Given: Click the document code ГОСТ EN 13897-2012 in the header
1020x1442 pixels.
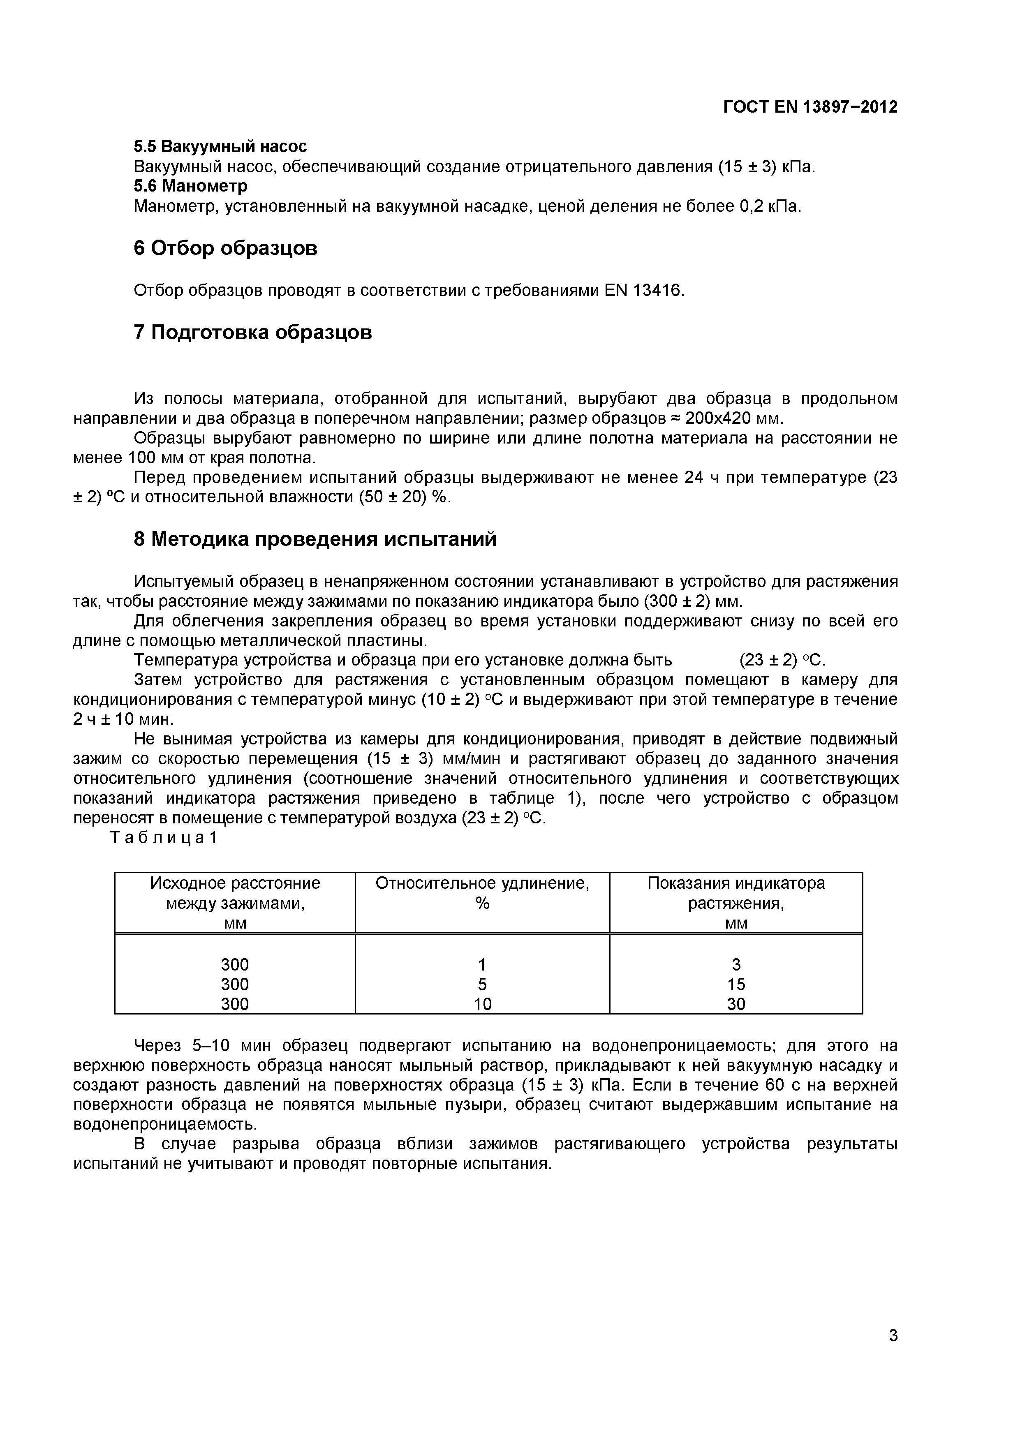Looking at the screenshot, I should [x=810, y=107].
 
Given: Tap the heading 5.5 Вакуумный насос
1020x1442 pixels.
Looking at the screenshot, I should [x=220, y=146].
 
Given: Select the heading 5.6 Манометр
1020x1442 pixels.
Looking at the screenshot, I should [x=190, y=186].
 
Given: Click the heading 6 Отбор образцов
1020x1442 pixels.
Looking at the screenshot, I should [x=225, y=248].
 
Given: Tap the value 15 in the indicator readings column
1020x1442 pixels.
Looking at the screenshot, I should [x=736, y=984].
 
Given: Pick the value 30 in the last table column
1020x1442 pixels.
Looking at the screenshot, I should [x=736, y=1004].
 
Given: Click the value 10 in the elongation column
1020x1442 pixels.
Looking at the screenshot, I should [x=482, y=1004].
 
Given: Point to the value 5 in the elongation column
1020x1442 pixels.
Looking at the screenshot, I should [x=482, y=984].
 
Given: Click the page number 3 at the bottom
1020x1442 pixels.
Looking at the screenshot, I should [x=893, y=1353].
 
